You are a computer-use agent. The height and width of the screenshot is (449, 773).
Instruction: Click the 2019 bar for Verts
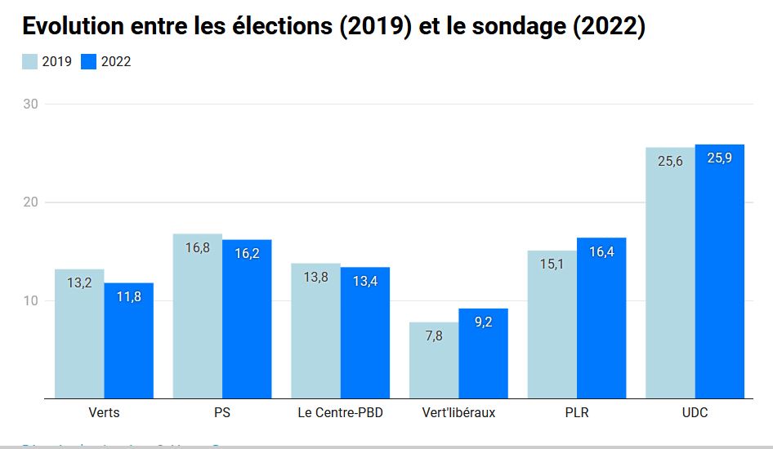[79, 334]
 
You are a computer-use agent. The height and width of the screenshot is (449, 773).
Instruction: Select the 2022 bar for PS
[247, 319]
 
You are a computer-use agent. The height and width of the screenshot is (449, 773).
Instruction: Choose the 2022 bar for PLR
[601, 318]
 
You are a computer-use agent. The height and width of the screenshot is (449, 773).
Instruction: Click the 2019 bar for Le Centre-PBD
[315, 331]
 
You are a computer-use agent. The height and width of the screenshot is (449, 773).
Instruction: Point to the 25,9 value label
[720, 158]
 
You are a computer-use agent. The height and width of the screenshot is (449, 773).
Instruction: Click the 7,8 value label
[434, 336]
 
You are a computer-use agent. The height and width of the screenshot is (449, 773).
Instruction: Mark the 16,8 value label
[197, 247]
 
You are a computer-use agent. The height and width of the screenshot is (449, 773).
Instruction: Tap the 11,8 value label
[128, 296]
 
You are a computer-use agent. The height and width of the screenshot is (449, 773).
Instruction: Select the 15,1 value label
[552, 264]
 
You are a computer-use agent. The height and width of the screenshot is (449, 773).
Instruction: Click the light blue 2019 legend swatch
[29, 61]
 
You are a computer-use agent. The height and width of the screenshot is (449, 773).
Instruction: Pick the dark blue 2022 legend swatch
[89, 61]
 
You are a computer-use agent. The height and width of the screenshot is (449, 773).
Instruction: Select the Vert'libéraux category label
[458, 412]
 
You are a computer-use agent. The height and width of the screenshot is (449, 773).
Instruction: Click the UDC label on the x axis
[695, 412]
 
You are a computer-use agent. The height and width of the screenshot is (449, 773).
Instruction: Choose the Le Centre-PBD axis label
[341, 412]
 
